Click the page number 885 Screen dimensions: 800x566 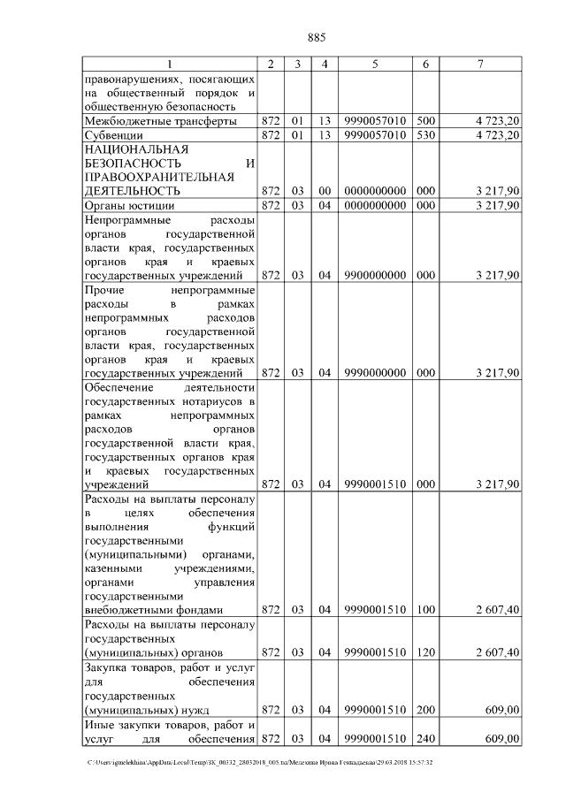click(x=317, y=37)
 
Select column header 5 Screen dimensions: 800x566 click(x=375, y=65)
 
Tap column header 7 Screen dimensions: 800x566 click(x=479, y=65)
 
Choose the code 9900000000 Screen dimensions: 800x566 click(x=375, y=276)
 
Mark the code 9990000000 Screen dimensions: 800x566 click(x=375, y=372)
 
